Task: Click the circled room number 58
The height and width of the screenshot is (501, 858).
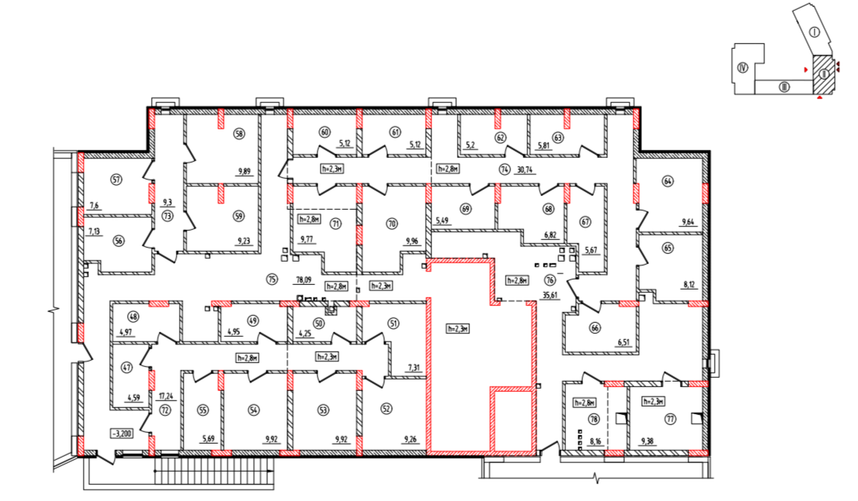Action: (239, 134)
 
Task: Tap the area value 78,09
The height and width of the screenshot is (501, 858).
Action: (304, 280)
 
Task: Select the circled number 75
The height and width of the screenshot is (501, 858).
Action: (271, 279)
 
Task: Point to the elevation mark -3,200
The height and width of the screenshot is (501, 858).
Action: (122, 434)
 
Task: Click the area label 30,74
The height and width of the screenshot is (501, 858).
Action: (524, 170)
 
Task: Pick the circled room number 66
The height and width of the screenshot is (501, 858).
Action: (595, 328)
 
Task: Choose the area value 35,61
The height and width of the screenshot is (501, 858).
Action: (551, 294)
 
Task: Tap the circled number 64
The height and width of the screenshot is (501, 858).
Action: (667, 181)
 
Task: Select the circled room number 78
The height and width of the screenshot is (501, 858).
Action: (594, 420)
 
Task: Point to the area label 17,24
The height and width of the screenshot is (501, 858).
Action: (165, 396)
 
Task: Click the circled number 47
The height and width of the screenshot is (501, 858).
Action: (127, 368)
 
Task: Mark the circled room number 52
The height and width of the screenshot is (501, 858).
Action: (387, 409)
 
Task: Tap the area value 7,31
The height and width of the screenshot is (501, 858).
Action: (414, 369)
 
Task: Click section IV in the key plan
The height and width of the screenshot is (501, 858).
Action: (743, 68)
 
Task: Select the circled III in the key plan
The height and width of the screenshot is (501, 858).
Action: (784, 87)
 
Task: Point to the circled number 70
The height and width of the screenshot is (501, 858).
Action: (391, 224)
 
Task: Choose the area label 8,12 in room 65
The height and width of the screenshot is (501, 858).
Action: (690, 285)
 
